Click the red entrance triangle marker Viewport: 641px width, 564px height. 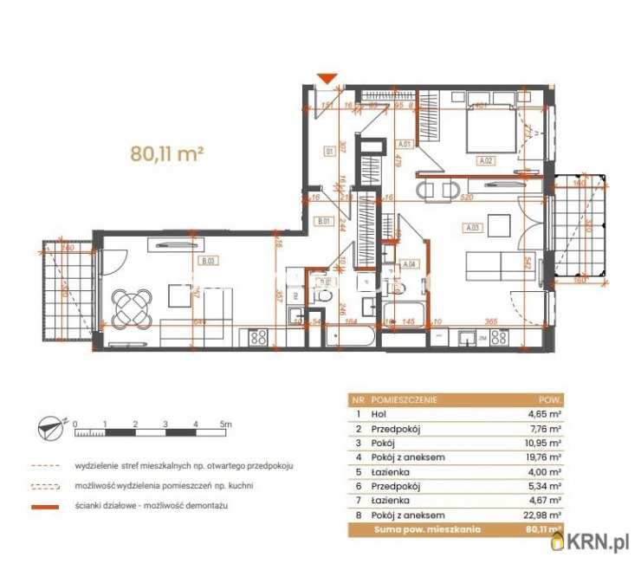click(x=327, y=79)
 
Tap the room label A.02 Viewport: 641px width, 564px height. click(x=486, y=160)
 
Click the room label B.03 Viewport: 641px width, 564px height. click(x=208, y=261)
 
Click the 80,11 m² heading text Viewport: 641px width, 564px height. click(x=167, y=154)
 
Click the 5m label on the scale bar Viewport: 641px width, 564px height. click(x=227, y=425)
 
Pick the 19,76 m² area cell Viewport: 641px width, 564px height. click(x=544, y=458)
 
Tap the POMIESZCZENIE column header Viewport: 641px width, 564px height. click(x=403, y=400)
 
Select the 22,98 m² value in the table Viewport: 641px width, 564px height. click(x=544, y=515)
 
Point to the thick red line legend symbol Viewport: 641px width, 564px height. click(x=50, y=505)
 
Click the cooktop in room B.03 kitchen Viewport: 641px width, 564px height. click(x=257, y=338)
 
